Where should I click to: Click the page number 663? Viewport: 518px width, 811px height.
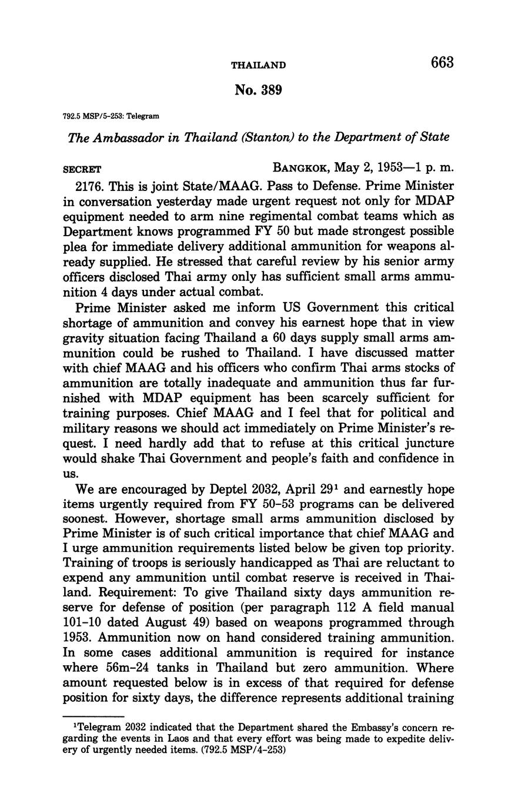coord(442,62)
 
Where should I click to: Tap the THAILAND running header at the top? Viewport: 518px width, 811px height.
coord(259,65)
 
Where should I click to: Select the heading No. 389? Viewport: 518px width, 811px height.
coord(259,90)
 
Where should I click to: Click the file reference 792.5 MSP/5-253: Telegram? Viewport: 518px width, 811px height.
coord(108,116)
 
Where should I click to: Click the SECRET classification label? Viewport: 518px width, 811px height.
coord(82,168)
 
